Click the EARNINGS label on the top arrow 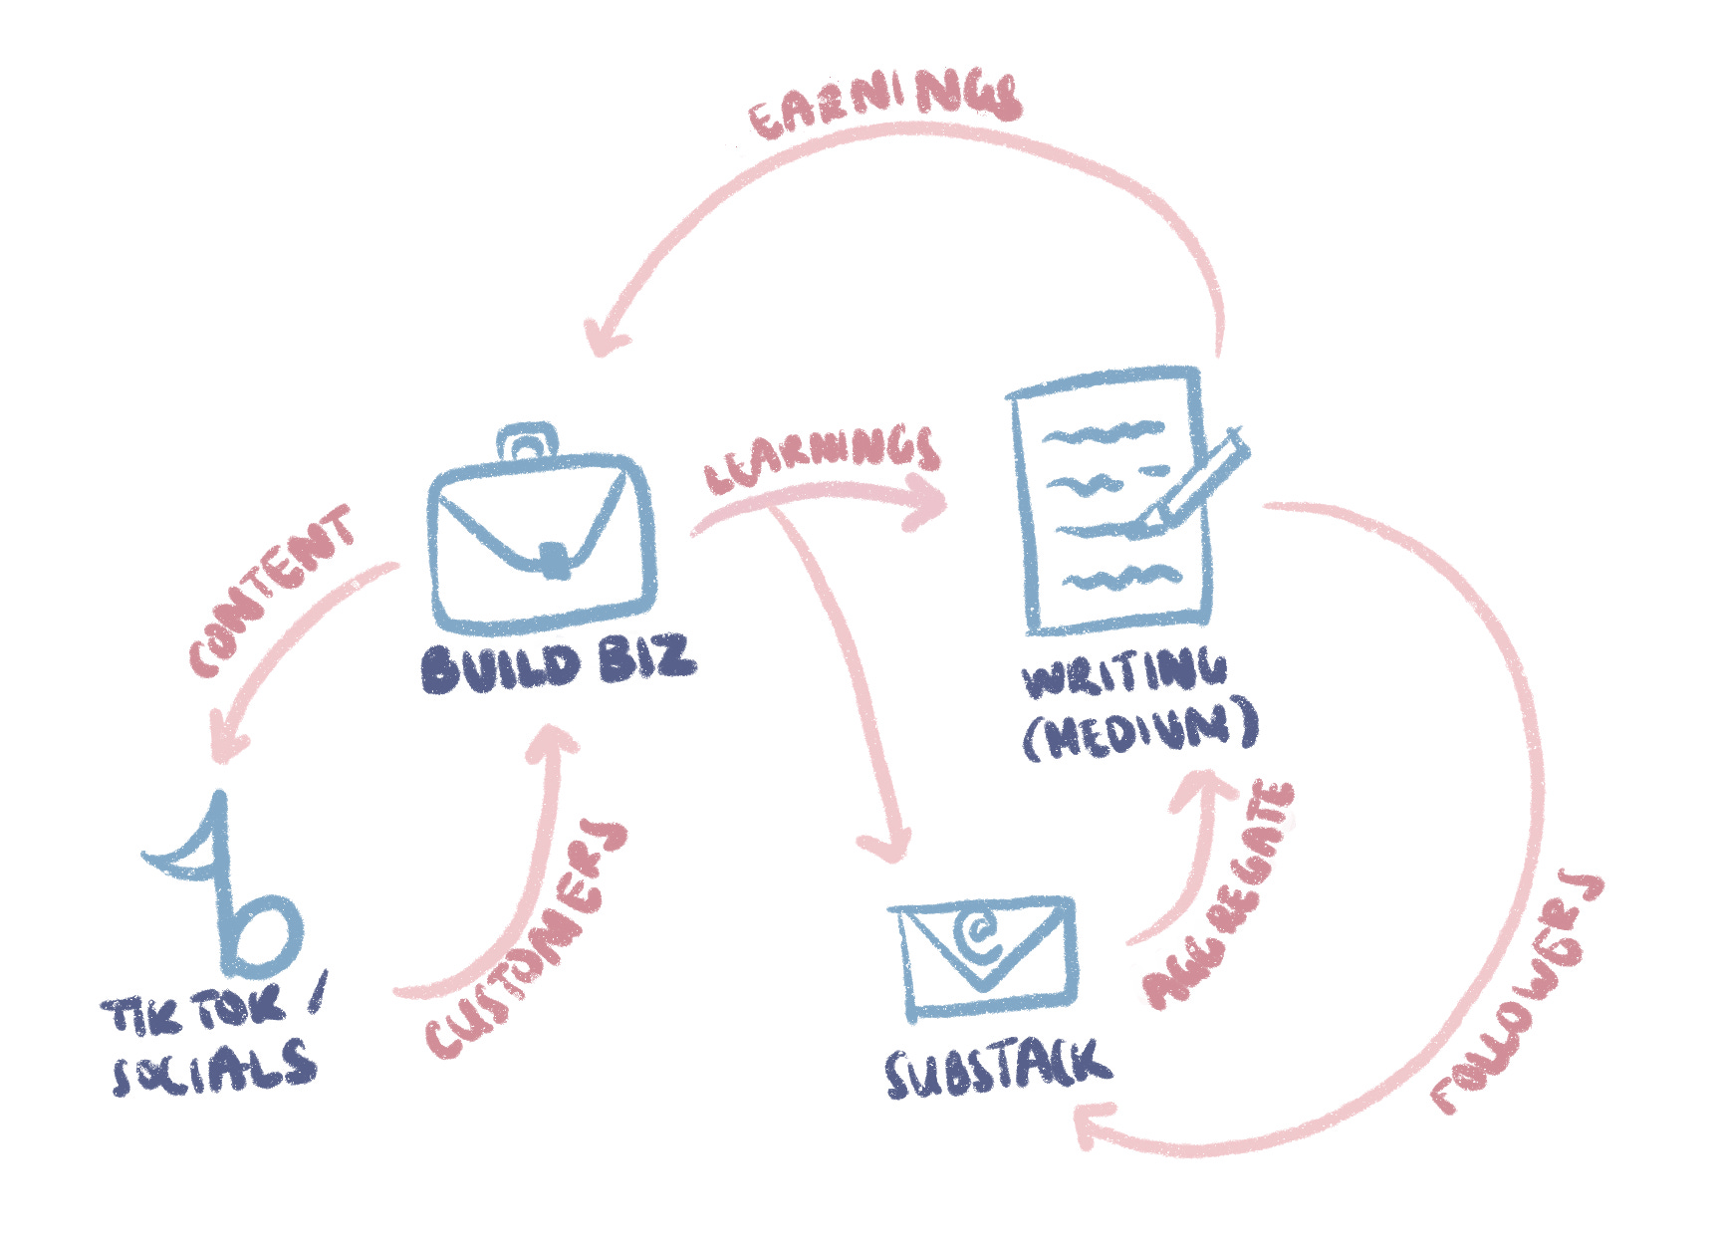[x=884, y=104]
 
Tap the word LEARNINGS [x=823, y=459]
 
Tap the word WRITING [x=1124, y=674]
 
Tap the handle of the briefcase [x=528, y=439]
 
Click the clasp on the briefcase [x=554, y=559]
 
